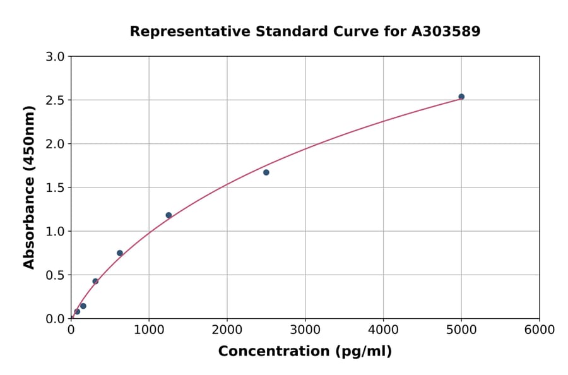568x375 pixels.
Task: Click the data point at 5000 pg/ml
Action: tap(461, 97)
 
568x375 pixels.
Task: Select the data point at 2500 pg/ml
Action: tap(266, 172)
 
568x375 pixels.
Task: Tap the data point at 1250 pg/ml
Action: tap(169, 215)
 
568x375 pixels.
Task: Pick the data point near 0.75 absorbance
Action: tap(120, 253)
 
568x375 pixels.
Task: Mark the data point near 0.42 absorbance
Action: tap(95, 282)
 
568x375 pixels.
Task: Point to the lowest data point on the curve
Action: tap(77, 311)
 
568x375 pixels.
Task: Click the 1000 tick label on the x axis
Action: tap(149, 330)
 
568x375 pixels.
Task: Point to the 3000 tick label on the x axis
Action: tap(305, 330)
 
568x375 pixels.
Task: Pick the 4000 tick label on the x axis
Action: tap(383, 330)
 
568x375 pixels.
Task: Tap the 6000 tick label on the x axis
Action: tap(540, 330)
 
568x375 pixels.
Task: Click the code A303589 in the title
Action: tap(446, 32)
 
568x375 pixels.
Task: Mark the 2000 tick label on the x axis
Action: tap(227, 330)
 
